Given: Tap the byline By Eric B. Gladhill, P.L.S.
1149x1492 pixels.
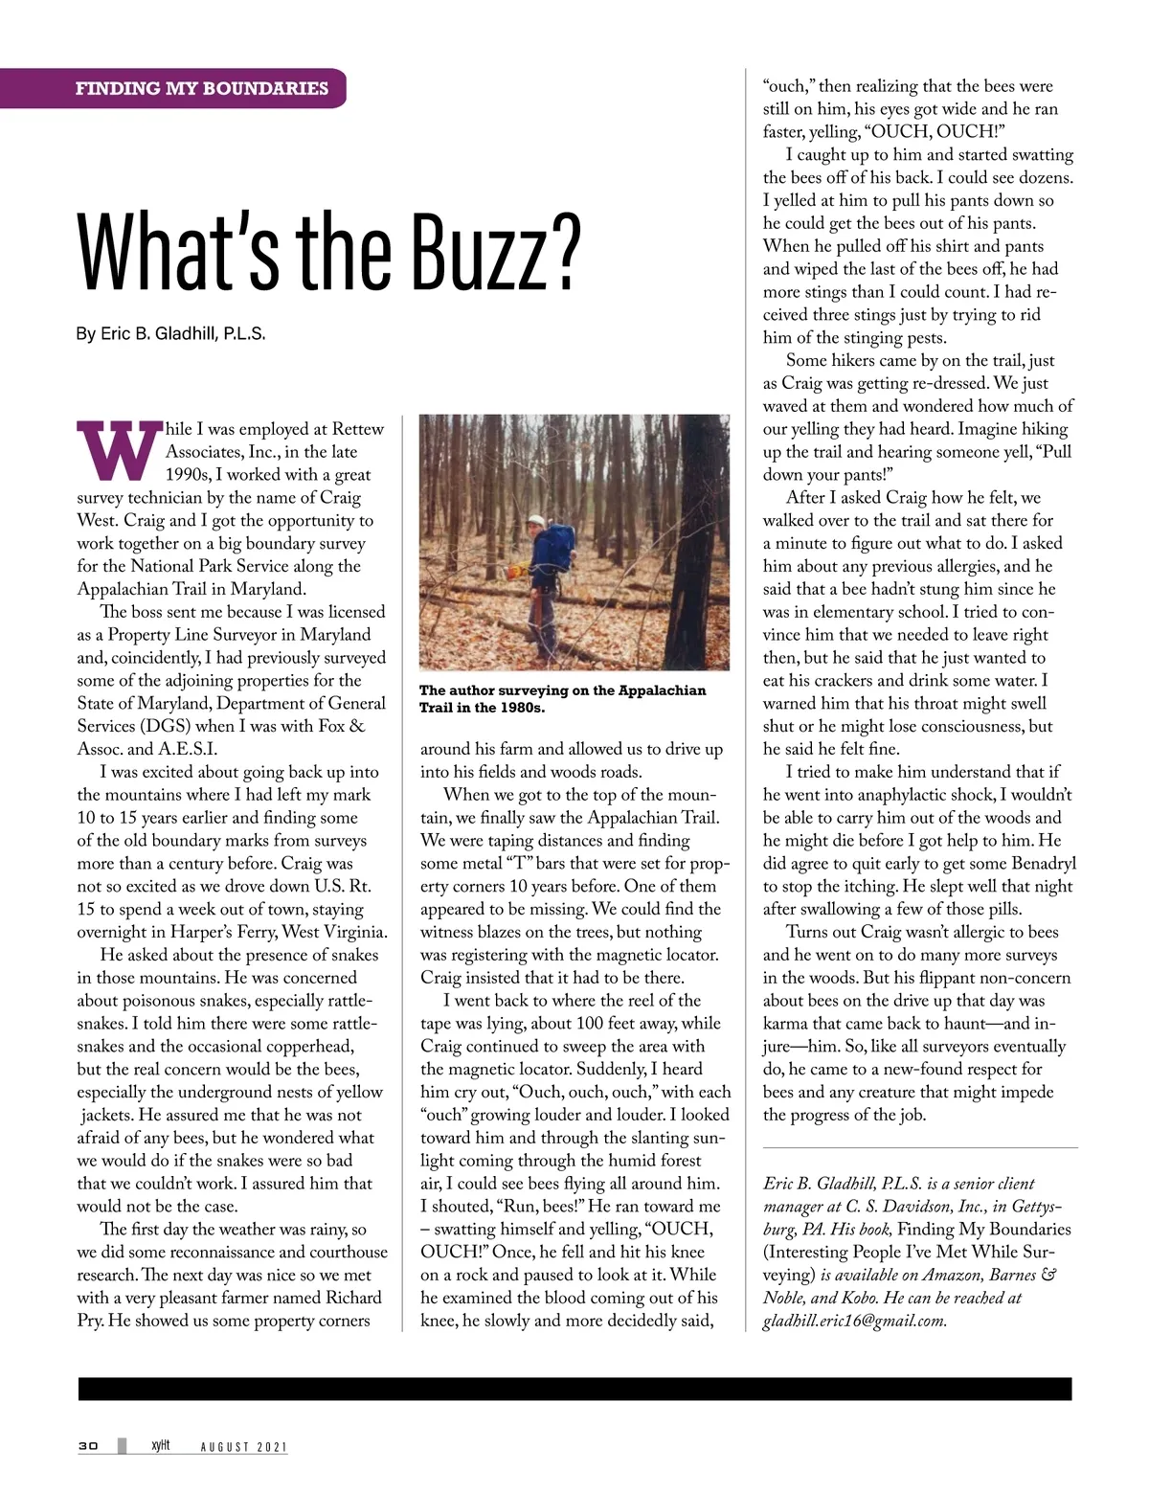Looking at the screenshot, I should click(x=170, y=333).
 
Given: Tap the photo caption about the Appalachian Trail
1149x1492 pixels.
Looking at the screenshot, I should click(x=562, y=698).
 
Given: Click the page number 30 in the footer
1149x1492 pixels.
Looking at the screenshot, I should click(x=88, y=1445).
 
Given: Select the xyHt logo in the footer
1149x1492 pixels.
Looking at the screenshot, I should click(x=160, y=1445).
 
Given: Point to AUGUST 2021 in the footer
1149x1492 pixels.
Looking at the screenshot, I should click(x=243, y=1446).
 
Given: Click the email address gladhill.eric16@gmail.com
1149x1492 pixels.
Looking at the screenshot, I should click(x=854, y=1321).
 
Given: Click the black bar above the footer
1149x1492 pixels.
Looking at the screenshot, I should click(x=574, y=1389).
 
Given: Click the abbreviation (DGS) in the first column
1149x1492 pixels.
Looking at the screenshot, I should click(x=166, y=726).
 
